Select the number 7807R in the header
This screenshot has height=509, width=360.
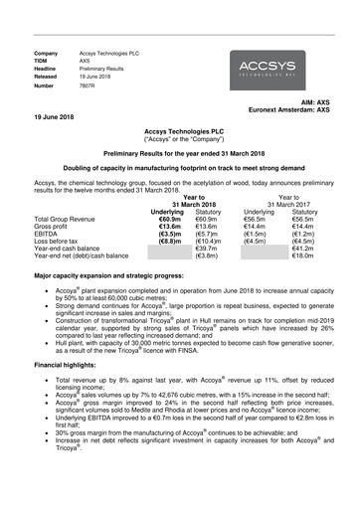(90, 86)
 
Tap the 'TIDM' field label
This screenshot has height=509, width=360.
(43, 61)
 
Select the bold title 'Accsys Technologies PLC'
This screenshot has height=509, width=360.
(180, 130)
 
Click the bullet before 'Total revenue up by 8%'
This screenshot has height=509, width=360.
(45, 381)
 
